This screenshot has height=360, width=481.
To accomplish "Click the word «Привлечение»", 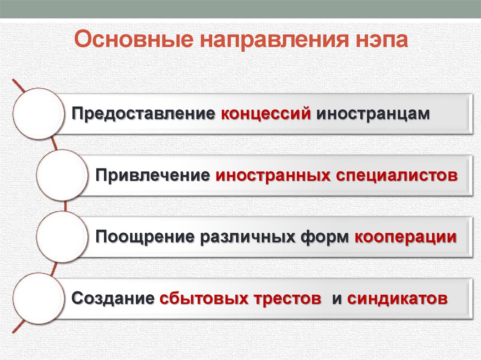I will point(153,175).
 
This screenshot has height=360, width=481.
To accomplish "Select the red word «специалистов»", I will point(396,175).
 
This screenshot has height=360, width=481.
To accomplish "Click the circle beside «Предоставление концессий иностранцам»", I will point(38,114).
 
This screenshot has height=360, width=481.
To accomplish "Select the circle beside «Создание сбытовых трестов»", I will point(38,298).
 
